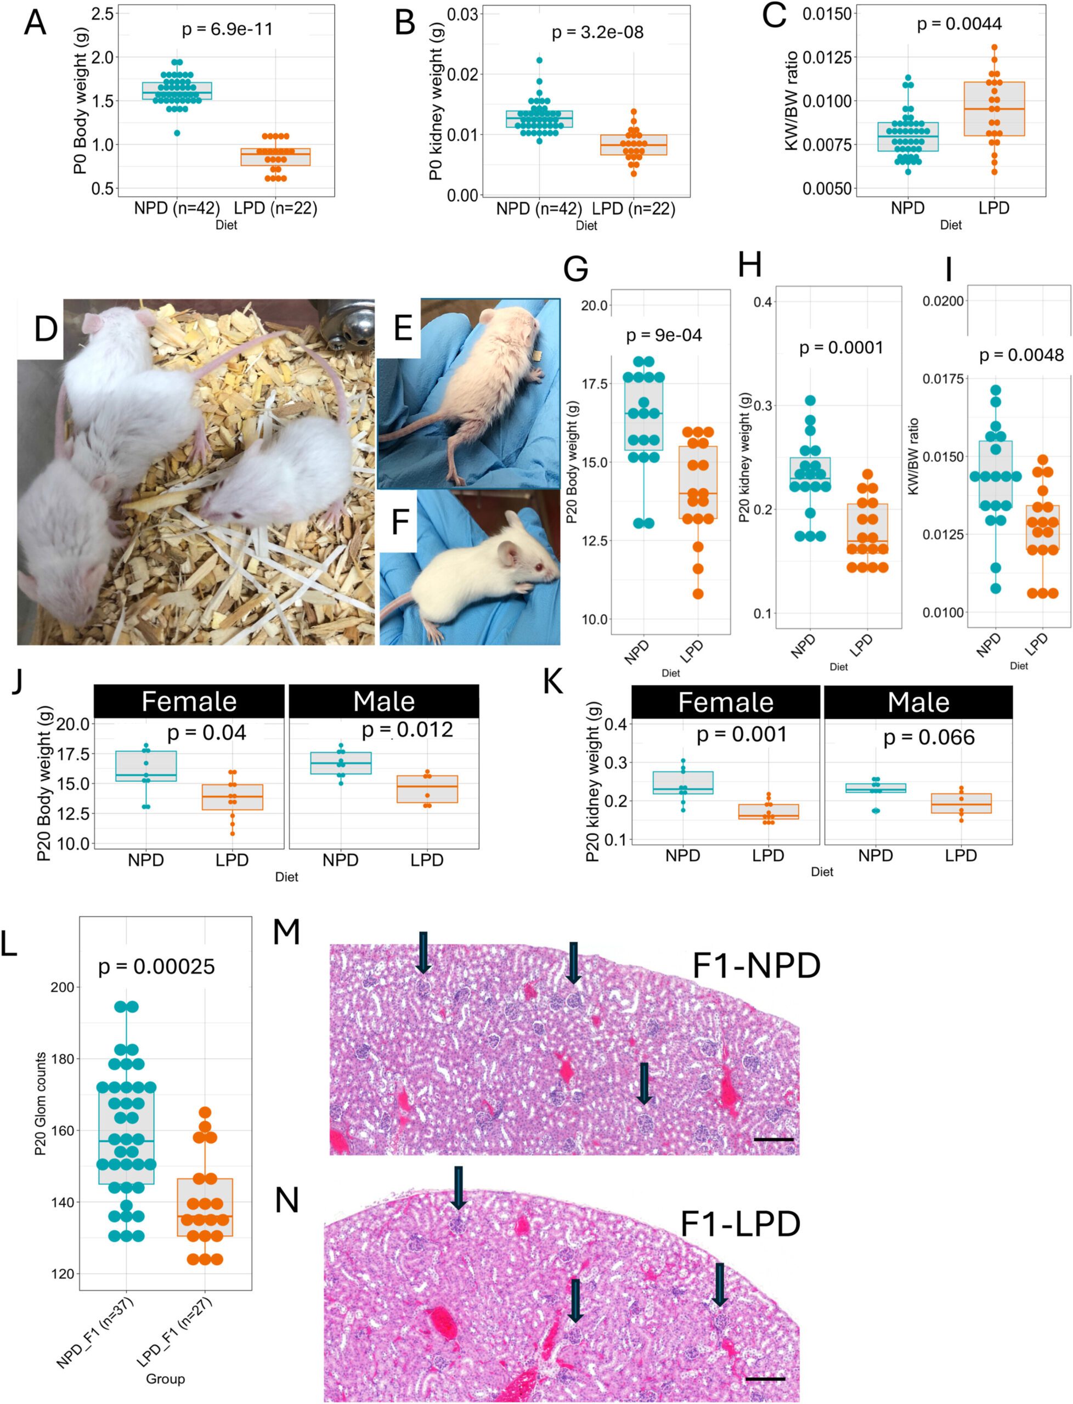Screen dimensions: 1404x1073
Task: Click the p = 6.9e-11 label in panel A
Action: [x=227, y=30]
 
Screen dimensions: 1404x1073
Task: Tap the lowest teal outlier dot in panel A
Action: [x=177, y=133]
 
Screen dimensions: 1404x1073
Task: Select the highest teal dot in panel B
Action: [x=540, y=60]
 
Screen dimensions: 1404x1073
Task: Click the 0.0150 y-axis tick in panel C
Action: [x=828, y=14]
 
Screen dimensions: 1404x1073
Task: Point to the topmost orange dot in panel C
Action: [x=994, y=47]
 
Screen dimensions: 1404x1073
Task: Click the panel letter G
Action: [x=575, y=268]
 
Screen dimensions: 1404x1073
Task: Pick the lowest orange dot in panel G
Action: [x=698, y=594]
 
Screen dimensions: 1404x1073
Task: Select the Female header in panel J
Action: [x=189, y=701]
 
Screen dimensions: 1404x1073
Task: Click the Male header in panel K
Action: [x=918, y=703]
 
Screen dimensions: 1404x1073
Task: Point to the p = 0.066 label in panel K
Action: [x=929, y=738]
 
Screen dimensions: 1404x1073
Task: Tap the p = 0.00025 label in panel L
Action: [x=156, y=967]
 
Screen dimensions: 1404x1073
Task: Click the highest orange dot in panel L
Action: [x=205, y=1112]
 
